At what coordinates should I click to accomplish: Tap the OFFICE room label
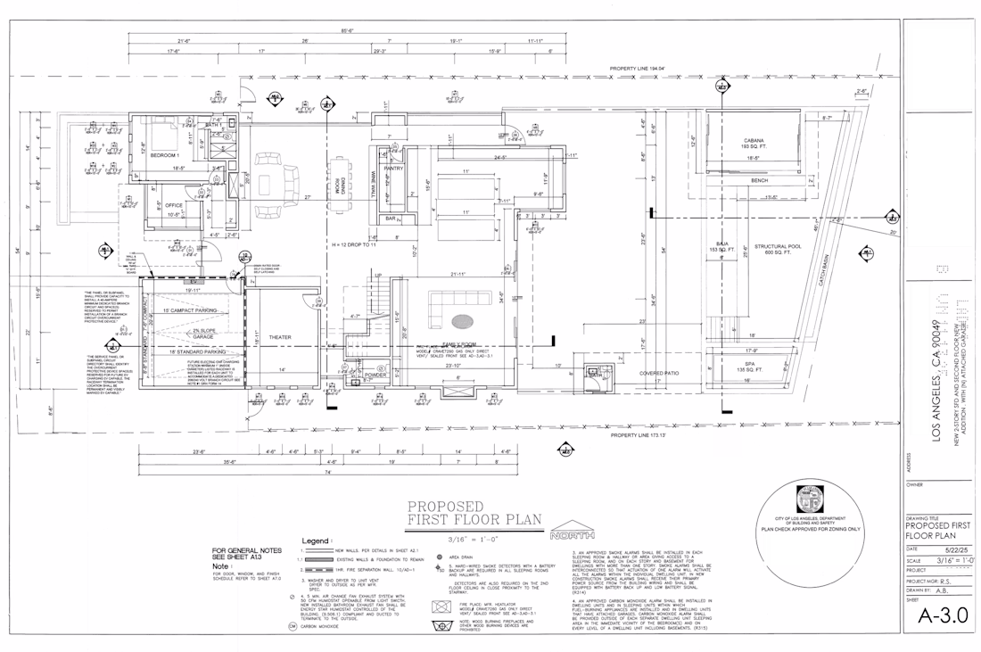[x=173, y=204]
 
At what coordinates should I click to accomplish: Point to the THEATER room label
[x=280, y=337]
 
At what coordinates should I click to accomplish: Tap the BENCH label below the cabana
[x=759, y=181]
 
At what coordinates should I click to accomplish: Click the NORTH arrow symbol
[x=572, y=533]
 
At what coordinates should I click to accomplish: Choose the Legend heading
[x=317, y=541]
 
